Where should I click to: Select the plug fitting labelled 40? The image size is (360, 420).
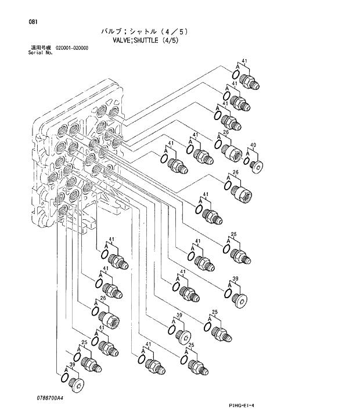pos(255,165)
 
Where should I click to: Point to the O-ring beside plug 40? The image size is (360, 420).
pos(247,161)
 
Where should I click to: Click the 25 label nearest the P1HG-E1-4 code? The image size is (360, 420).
pos(192,345)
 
